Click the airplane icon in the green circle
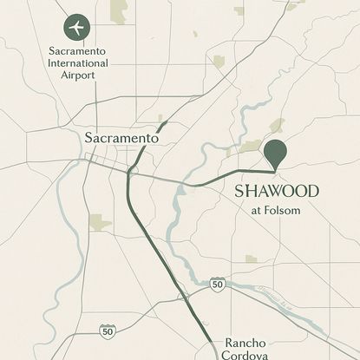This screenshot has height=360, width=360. coord(76,27)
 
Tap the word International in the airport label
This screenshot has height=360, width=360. coord(78,63)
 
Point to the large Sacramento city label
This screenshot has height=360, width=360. coord(121,138)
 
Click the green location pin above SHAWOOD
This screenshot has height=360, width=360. coord(275,152)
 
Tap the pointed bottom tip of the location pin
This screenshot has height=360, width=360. coord(275,170)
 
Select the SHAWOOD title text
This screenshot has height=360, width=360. coord(278,191)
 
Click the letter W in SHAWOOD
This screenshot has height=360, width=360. coord(274,191)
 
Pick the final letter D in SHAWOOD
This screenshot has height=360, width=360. coord(312,191)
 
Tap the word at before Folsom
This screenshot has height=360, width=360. coord(257,209)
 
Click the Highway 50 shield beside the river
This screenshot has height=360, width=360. coord(218,284)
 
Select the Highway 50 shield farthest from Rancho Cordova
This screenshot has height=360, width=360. coord(106,331)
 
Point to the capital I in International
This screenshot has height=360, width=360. coord(49,63)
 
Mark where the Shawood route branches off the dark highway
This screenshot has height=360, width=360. coord(130,173)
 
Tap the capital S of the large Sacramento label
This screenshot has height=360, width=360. coord(89,138)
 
